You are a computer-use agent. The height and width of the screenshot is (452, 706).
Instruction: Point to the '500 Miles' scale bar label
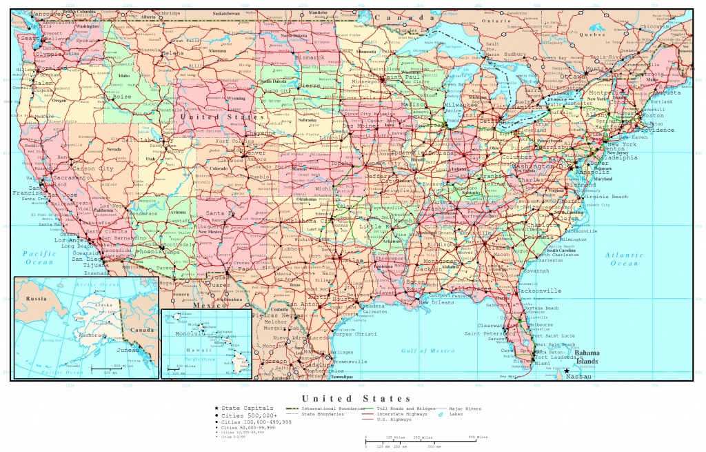point(477,438)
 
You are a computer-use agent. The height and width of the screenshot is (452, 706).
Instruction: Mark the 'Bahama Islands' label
point(588,356)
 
